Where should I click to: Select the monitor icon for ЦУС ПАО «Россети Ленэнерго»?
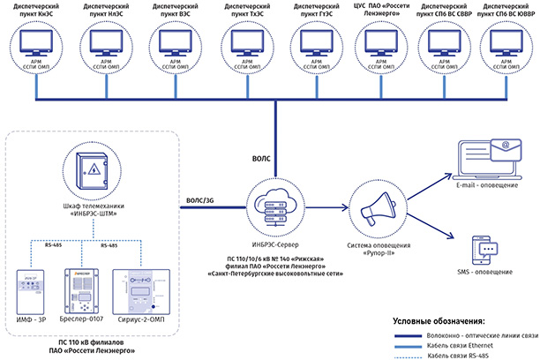click(x=377, y=46)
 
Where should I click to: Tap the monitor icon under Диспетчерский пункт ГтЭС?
click(x=310, y=46)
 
